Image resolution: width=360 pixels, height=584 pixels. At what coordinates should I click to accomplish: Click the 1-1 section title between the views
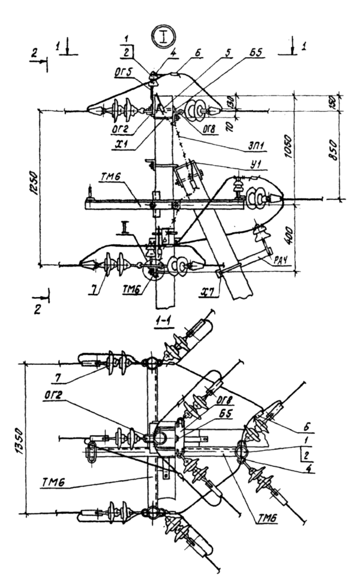163,321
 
